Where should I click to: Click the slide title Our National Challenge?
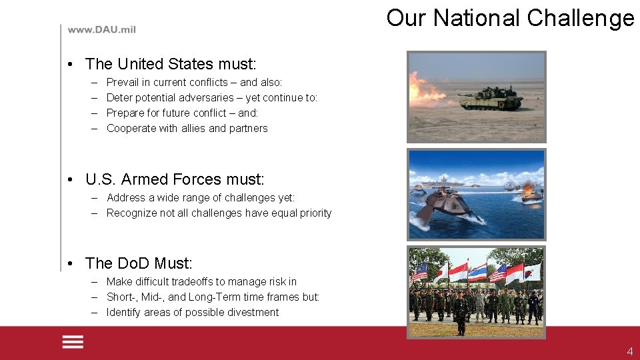tap(510, 18)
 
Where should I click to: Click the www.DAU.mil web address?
tap(101, 30)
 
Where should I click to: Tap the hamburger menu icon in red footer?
tap(73, 342)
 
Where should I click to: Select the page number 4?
tap(629, 351)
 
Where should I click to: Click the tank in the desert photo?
tap(491, 98)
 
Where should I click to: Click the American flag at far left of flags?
tap(419, 272)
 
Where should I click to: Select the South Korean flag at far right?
tap(532, 271)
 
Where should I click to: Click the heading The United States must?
tap(171, 64)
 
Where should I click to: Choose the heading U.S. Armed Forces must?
tap(175, 179)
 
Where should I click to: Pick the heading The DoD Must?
tap(139, 263)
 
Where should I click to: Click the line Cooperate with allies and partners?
tap(187, 128)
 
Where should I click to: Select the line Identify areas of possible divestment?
tap(193, 312)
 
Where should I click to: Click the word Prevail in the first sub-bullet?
tap(121, 82)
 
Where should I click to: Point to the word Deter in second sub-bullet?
tap(119, 97)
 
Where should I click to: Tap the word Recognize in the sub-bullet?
tap(132, 213)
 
